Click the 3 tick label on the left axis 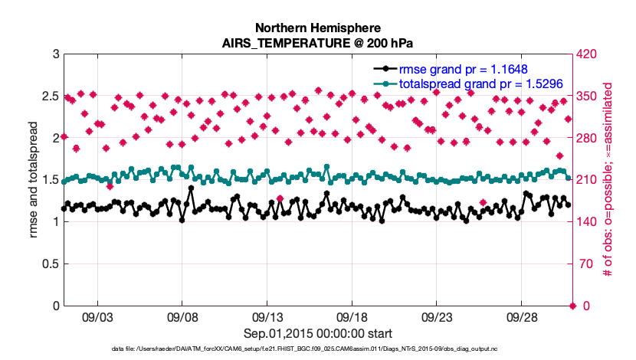(56, 54)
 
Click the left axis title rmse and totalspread (34, 180)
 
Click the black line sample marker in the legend (386, 69)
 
